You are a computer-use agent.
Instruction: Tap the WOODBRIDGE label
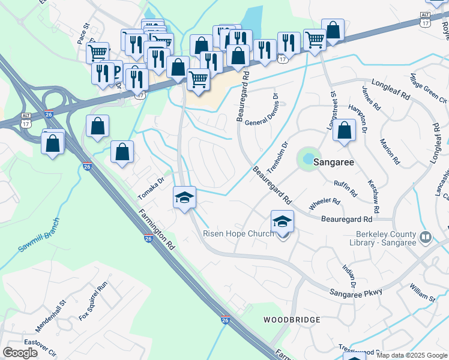[x=291, y=320]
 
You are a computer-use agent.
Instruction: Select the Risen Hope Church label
[x=238, y=233]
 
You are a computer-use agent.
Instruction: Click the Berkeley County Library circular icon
[x=426, y=238]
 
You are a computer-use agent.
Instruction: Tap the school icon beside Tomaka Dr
[x=184, y=197]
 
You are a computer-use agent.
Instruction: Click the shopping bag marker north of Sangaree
[x=344, y=130]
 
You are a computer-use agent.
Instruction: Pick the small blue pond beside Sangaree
[x=307, y=158]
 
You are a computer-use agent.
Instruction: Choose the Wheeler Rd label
[x=324, y=205]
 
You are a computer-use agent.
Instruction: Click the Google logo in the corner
[x=20, y=352]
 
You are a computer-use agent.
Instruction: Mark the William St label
[x=423, y=293]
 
